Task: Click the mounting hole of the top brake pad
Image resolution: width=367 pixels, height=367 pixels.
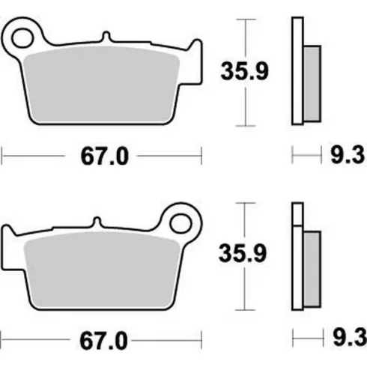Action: [x=22, y=38]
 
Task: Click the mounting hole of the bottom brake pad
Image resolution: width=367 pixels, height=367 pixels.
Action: [x=181, y=223]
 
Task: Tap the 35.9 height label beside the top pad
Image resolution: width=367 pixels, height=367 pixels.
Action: [x=244, y=71]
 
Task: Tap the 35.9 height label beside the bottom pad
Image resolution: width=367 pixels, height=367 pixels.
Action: [x=243, y=253]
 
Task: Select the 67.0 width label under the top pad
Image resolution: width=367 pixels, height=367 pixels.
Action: [x=104, y=157]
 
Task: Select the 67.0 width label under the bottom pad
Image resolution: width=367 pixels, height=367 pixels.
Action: [x=103, y=341]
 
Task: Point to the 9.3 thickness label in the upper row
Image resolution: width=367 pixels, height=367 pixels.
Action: [x=348, y=155]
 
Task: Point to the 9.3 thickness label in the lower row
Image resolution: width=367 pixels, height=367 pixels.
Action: [x=350, y=339]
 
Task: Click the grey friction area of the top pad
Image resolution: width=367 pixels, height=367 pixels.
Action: [x=101, y=85]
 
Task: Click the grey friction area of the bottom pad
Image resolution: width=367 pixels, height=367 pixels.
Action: [x=102, y=270]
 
